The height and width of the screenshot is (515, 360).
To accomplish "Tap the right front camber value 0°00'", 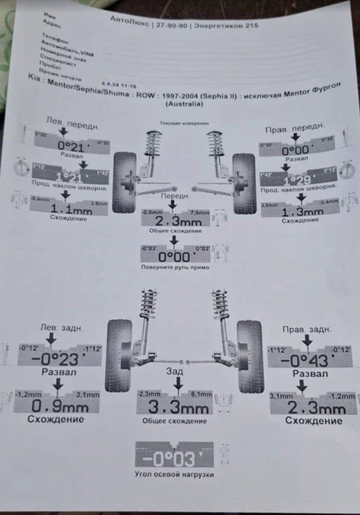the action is (x=295, y=151).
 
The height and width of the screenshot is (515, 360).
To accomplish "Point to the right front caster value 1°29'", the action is (x=297, y=181).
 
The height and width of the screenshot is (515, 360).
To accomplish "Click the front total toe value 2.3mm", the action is (x=174, y=220).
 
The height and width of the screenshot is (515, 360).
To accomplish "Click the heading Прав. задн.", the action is (x=304, y=329).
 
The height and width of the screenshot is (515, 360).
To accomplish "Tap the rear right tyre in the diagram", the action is (x=249, y=356).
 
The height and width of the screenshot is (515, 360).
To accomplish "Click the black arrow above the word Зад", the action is (x=178, y=382).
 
